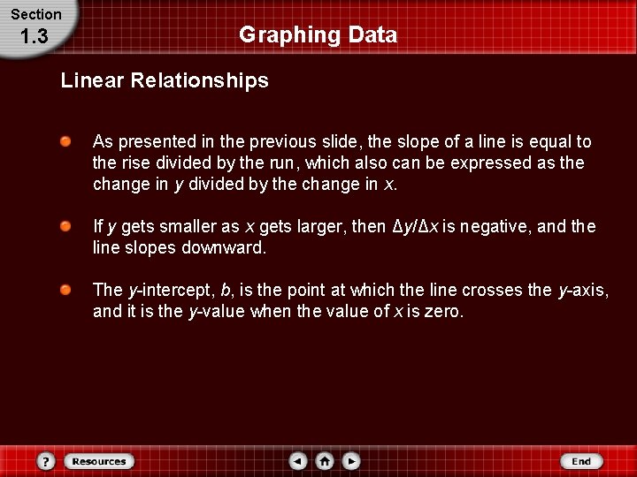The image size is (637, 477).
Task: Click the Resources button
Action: coord(99,461)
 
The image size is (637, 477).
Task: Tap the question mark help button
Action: coord(47,461)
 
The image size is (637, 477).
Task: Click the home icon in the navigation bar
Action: coord(325,461)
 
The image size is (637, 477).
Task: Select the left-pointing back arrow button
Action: coord(298,461)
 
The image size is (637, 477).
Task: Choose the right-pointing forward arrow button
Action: coord(351,461)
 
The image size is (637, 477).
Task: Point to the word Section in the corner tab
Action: coord(36,14)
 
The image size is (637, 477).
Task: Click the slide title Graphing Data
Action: coord(318,35)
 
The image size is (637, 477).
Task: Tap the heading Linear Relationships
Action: coord(165,81)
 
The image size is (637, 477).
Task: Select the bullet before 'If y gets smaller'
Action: coord(66,227)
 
